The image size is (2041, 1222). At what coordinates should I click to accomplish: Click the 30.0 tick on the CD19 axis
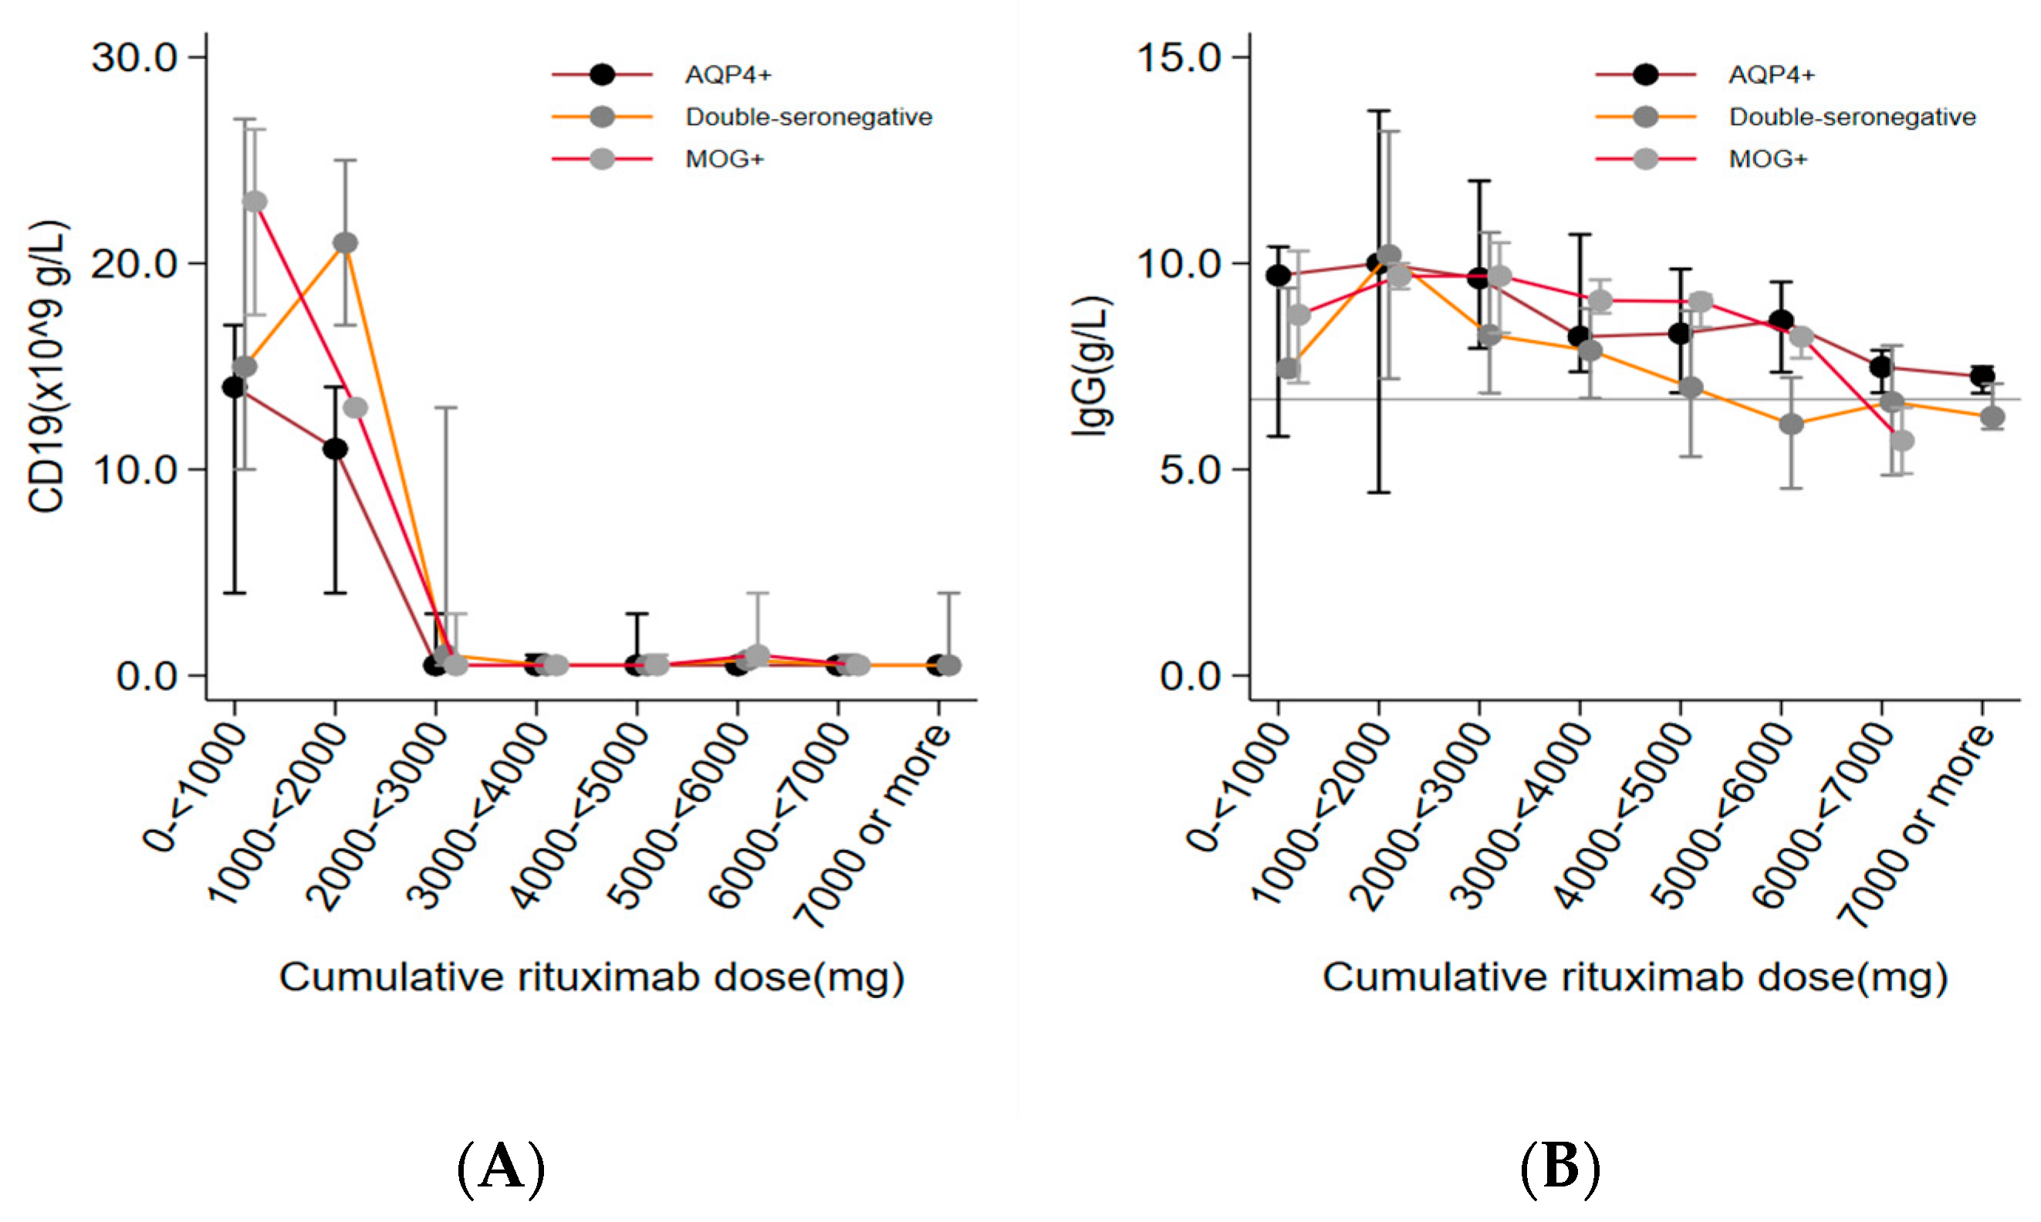(x=135, y=58)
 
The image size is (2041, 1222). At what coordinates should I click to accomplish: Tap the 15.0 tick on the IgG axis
(x=1178, y=58)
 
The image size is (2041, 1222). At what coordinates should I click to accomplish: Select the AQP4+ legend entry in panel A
(x=728, y=75)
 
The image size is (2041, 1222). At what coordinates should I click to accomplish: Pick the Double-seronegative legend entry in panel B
(x=1852, y=117)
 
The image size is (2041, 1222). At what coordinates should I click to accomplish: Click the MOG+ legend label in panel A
(x=725, y=159)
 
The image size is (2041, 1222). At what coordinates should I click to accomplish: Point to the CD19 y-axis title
(x=48, y=367)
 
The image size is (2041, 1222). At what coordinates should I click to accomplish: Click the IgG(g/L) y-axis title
(x=1091, y=367)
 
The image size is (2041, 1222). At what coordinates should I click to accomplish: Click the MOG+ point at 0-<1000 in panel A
(x=255, y=201)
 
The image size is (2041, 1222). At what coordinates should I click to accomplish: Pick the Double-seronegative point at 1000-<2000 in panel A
(x=346, y=243)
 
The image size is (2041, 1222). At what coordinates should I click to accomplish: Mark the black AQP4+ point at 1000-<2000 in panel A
(x=335, y=449)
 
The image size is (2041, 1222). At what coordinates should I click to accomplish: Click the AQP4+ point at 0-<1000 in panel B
(x=1278, y=275)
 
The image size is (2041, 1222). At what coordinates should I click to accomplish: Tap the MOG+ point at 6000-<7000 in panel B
(x=1901, y=441)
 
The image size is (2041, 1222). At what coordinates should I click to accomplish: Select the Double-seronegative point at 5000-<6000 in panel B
(x=1791, y=424)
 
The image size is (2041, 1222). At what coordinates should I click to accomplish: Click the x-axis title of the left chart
(x=591, y=978)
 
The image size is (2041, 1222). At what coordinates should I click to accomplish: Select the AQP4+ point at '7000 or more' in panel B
(x=1982, y=376)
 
